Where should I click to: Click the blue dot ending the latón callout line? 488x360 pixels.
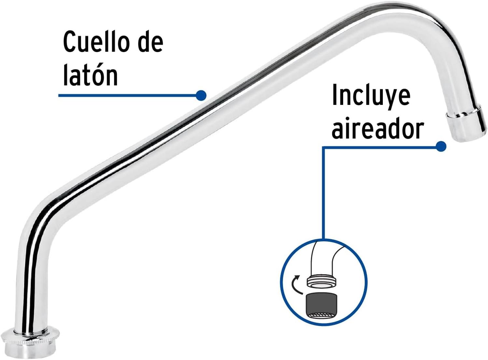coord(201,95)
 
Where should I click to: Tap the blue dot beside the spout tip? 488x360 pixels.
coord(441,146)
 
